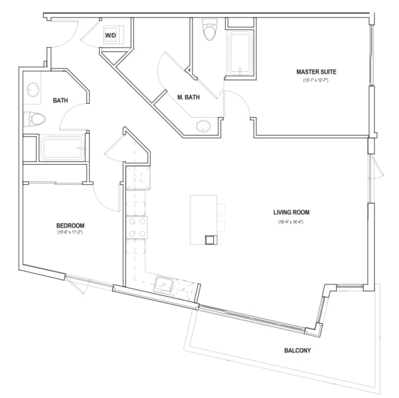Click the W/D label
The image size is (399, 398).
point(111,35)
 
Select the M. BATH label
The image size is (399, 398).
point(188,98)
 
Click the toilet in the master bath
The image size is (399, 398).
point(209,31)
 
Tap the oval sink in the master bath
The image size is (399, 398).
point(204,126)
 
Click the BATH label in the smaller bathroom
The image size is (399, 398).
point(61,100)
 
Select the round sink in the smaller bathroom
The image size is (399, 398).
point(33,89)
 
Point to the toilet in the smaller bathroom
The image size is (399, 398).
point(35,120)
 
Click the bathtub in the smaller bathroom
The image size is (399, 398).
point(62,148)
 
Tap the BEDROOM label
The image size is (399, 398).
point(70,226)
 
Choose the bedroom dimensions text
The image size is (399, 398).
point(70,233)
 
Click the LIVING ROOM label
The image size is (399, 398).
point(291,212)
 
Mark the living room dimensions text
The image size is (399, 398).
point(291,221)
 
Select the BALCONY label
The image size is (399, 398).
point(297,350)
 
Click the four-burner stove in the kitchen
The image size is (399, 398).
point(136,228)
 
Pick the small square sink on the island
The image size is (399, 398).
point(211,239)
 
